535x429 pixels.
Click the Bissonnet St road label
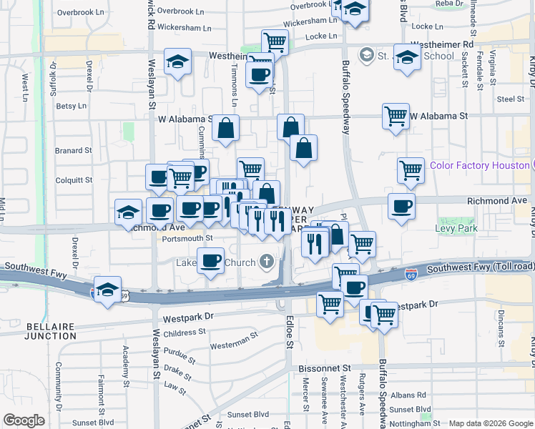click(x=322, y=368)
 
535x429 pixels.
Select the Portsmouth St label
click(x=187, y=238)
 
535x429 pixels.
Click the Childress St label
click(x=184, y=332)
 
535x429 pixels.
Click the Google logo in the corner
click(x=24, y=420)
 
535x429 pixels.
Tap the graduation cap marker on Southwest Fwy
click(x=107, y=290)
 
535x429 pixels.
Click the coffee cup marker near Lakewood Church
click(x=210, y=261)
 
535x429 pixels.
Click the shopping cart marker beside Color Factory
click(x=411, y=170)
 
